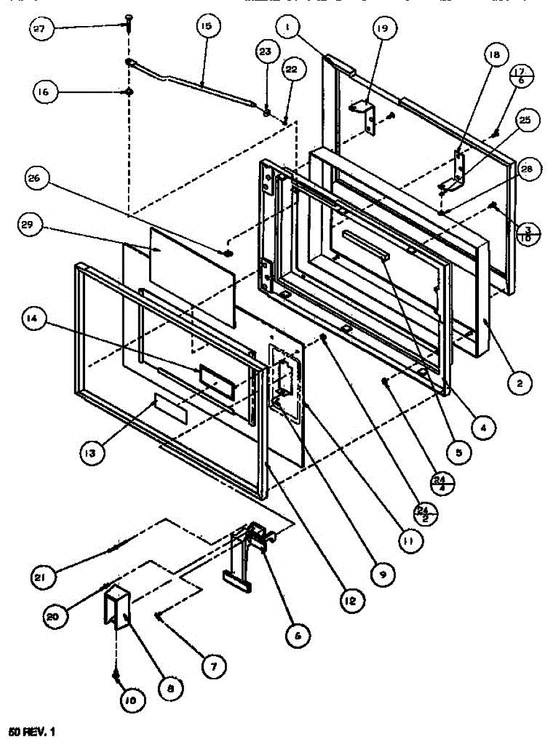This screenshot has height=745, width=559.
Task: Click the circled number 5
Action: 458,453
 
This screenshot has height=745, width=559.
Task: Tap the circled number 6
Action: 298,634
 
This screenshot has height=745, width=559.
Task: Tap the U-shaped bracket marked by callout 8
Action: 116,608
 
